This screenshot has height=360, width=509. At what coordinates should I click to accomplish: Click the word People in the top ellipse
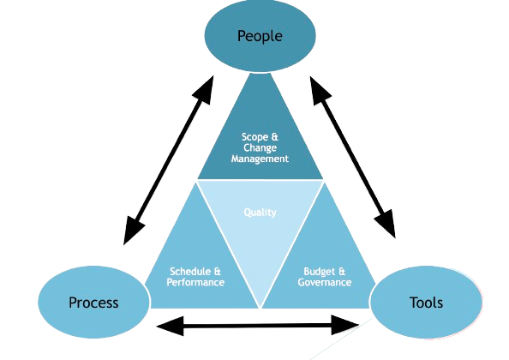click(x=260, y=36)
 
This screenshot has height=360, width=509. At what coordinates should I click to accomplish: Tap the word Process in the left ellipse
click(x=93, y=303)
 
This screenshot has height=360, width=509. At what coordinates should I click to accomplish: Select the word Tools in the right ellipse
click(x=426, y=303)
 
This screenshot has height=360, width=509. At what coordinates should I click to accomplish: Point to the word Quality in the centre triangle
click(x=260, y=213)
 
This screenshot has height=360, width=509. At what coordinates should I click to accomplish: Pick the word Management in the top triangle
click(x=260, y=159)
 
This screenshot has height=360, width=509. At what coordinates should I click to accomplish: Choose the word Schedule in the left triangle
click(x=190, y=271)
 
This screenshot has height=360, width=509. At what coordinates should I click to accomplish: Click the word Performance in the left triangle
click(x=195, y=282)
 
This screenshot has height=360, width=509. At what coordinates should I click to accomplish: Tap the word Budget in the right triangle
click(x=320, y=271)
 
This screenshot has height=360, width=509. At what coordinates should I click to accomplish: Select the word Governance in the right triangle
click(x=325, y=282)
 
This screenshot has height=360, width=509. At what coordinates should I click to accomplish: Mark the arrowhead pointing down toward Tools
click(x=386, y=225)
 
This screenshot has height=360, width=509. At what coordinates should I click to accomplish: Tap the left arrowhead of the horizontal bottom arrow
click(x=171, y=326)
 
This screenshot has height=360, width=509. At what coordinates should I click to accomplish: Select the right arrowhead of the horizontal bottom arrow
click(x=345, y=325)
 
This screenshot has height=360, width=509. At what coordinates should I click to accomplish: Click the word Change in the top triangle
click(x=260, y=148)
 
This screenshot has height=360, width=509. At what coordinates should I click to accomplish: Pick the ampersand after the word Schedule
click(x=217, y=271)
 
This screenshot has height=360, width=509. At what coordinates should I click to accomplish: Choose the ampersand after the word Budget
click(x=342, y=271)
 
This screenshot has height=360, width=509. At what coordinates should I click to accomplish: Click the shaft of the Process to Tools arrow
click(x=257, y=325)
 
